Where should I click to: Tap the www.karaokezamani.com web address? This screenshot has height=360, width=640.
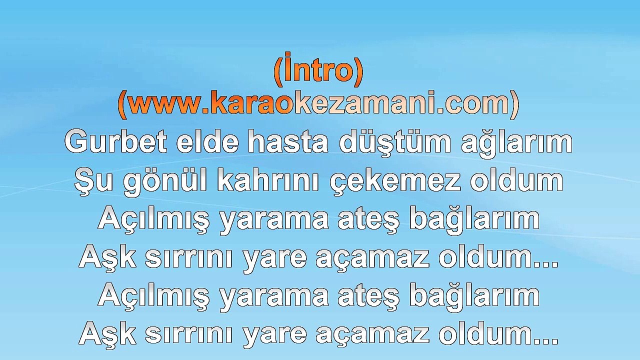point(318,103)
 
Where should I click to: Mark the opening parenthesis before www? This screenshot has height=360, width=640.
point(122,104)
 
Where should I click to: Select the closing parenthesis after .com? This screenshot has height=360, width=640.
point(514,104)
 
